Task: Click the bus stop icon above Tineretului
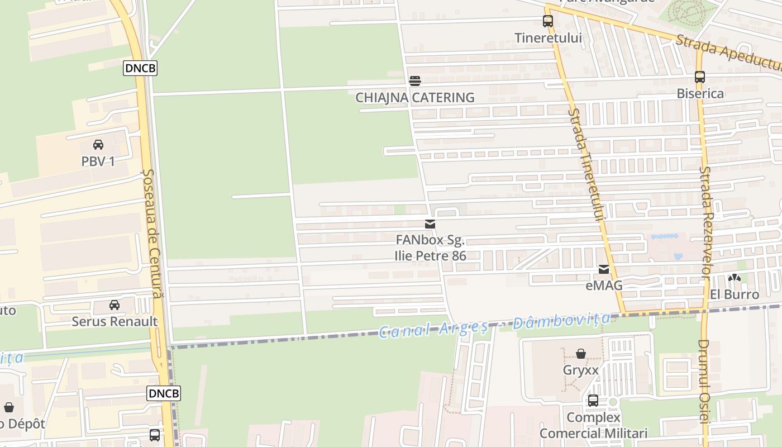click(x=547, y=21)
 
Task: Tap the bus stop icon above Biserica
click(x=700, y=77)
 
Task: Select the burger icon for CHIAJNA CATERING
click(x=414, y=81)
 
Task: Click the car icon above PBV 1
click(x=98, y=145)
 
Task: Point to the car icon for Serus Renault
click(x=115, y=305)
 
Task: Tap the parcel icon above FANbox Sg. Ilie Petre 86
click(x=430, y=224)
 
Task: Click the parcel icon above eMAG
click(x=604, y=269)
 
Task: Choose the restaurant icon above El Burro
click(x=734, y=278)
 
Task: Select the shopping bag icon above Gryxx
click(x=581, y=354)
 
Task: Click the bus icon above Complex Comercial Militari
click(x=593, y=401)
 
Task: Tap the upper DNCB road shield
click(x=140, y=68)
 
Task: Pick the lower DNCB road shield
click(x=164, y=393)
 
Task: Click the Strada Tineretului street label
click(x=586, y=165)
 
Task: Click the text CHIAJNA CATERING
click(x=415, y=98)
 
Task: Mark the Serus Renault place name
click(x=115, y=322)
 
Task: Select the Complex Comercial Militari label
click(x=593, y=425)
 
